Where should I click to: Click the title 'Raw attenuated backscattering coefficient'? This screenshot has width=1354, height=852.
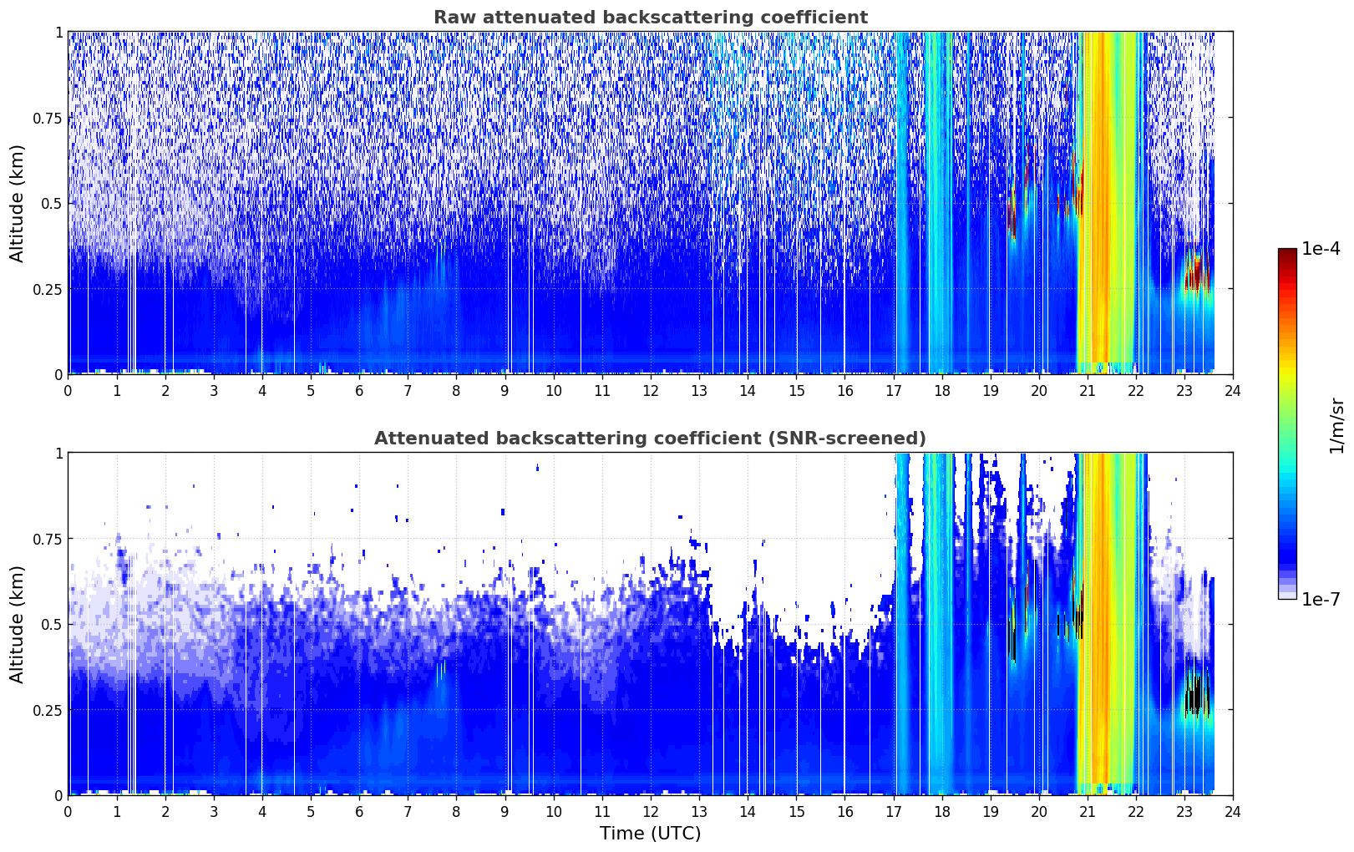point(651,17)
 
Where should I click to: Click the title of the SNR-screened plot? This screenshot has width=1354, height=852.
point(651,438)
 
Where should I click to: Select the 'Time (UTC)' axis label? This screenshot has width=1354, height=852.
point(651,834)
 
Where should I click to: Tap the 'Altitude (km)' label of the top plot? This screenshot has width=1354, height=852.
point(17,204)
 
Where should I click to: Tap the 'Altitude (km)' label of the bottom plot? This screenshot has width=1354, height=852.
point(17,624)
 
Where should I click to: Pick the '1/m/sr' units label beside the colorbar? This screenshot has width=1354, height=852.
point(1336,425)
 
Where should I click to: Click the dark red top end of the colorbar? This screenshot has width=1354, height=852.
point(1287,251)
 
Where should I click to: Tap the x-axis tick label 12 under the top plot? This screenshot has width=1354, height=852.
point(651,391)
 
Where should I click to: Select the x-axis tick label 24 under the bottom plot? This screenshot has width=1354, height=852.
point(1233,812)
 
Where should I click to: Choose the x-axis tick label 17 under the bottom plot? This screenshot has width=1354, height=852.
point(894,812)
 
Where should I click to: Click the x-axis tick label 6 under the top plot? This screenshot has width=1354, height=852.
point(359,391)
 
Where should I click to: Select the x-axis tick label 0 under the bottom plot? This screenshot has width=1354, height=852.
point(68,812)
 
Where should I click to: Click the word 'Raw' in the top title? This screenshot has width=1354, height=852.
point(454,17)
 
